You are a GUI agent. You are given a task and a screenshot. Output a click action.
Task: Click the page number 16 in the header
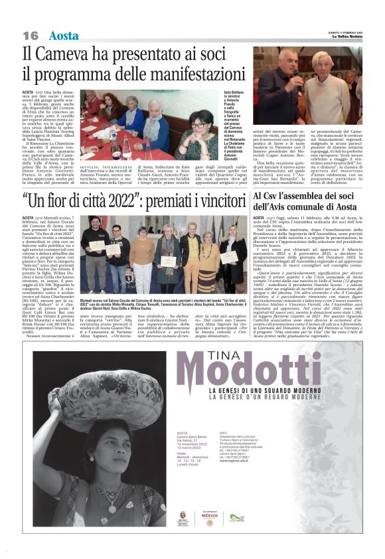coord(31,35)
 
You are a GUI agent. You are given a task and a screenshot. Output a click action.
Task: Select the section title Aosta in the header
coord(63,35)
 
